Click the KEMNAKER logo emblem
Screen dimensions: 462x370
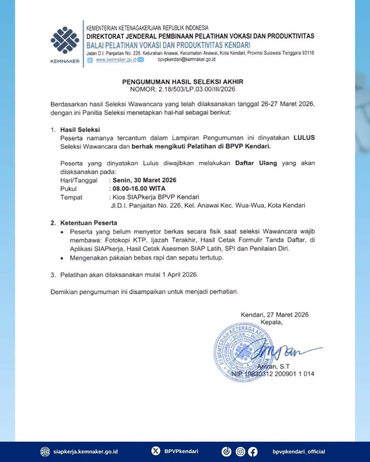click(65, 40)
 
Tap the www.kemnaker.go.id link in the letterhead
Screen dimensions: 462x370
click(116, 60)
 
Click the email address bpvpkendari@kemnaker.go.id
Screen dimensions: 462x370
click(186, 60)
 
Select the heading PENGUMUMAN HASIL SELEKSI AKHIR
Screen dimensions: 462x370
click(183, 82)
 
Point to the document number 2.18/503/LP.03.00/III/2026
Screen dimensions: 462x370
click(197, 89)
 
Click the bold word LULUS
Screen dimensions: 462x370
click(304, 138)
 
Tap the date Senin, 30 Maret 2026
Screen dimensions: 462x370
click(144, 180)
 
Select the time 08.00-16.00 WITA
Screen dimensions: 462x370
click(139, 189)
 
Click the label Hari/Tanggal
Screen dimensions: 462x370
click(79, 180)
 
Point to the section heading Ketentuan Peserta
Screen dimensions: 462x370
click(88, 223)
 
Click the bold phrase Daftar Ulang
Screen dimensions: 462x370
click(256, 163)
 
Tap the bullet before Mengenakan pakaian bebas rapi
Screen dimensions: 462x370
click(62, 258)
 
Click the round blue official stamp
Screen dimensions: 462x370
click(244, 351)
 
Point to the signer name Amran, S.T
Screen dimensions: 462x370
click(273, 367)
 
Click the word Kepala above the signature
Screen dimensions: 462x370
click(271, 322)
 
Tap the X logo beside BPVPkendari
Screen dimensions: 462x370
click(156, 451)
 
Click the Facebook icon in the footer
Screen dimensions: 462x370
click(252, 452)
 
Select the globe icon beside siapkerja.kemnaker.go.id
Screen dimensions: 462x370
click(45, 452)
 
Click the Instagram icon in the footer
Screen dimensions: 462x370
click(241, 452)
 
